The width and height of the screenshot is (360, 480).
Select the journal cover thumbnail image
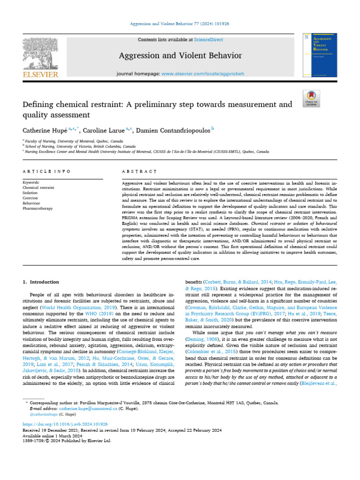point(320,55)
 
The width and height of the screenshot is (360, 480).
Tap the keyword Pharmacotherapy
point(38,208)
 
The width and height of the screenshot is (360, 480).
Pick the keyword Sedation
point(31,193)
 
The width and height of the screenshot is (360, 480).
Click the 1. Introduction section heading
point(41,282)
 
